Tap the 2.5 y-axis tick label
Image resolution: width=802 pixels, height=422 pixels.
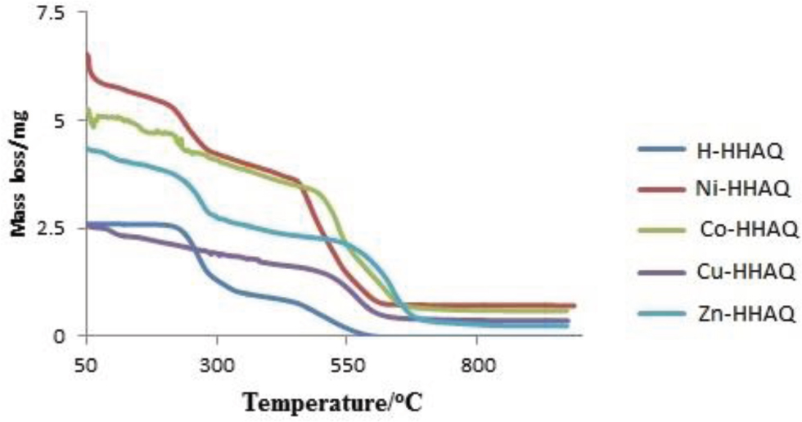click(52, 228)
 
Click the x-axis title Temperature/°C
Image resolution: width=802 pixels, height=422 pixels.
click(345, 402)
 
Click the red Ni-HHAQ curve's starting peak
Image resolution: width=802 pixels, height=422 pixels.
click(87, 54)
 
